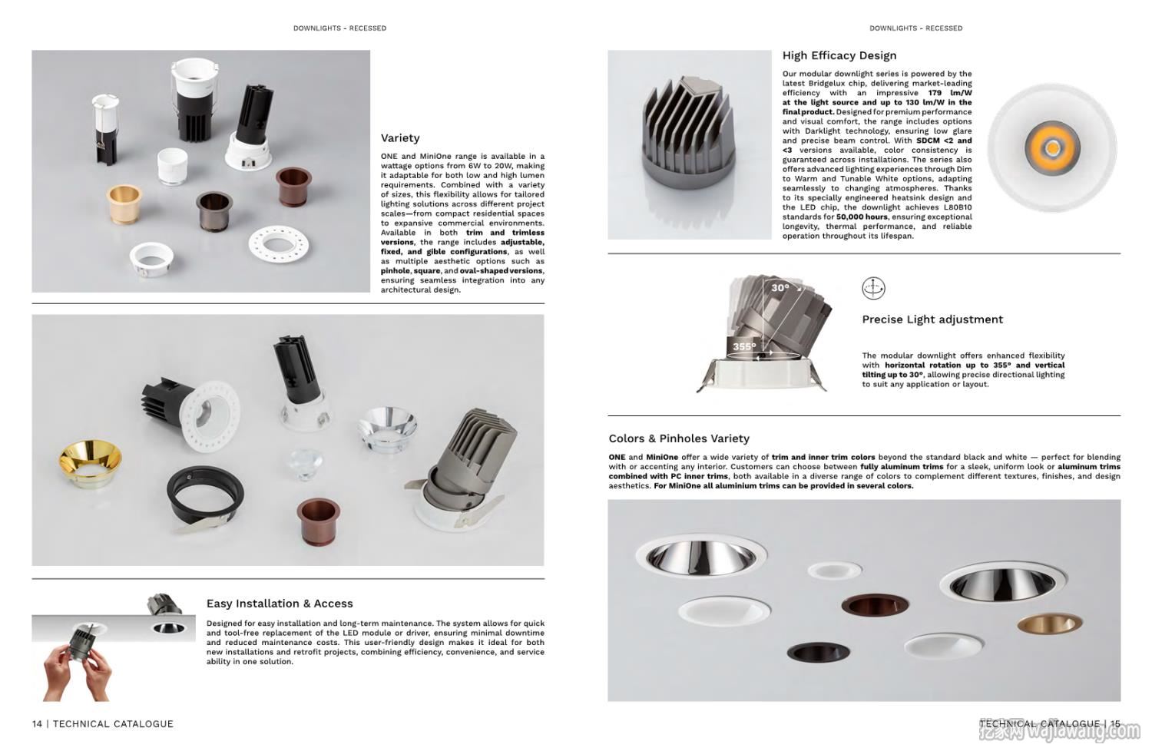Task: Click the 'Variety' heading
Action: click(400, 138)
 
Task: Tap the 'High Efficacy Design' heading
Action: click(839, 55)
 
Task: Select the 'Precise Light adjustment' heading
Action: click(932, 319)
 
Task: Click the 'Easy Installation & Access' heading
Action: click(280, 604)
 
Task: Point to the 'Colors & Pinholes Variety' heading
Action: click(678, 438)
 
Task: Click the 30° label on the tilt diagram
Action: click(780, 288)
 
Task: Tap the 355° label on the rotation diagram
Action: click(743, 346)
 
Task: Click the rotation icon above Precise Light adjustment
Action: click(873, 288)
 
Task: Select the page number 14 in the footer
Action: click(38, 723)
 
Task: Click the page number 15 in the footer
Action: click(1114, 723)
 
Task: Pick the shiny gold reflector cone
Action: click(90, 463)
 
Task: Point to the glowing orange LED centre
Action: click(1051, 147)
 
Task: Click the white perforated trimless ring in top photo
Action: click(278, 245)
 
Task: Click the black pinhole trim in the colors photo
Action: click(818, 652)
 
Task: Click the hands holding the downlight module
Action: click(73, 668)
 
